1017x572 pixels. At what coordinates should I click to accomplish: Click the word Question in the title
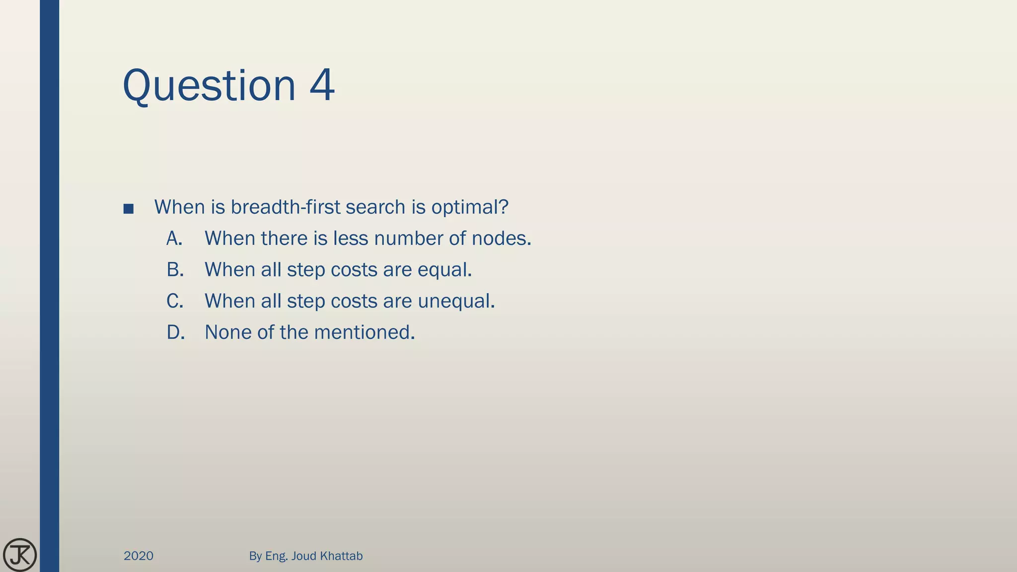(x=209, y=86)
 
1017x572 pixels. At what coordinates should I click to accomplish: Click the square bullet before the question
(x=128, y=209)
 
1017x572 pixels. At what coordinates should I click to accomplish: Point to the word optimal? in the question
(x=470, y=207)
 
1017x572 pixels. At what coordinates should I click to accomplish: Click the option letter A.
(x=174, y=238)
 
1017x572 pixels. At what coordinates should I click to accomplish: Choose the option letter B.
(x=175, y=270)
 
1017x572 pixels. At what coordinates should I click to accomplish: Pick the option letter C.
(x=175, y=301)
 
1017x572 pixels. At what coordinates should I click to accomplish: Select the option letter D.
(x=175, y=332)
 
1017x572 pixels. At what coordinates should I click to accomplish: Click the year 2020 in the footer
(x=139, y=556)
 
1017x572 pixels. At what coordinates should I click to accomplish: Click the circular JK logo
(x=20, y=555)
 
